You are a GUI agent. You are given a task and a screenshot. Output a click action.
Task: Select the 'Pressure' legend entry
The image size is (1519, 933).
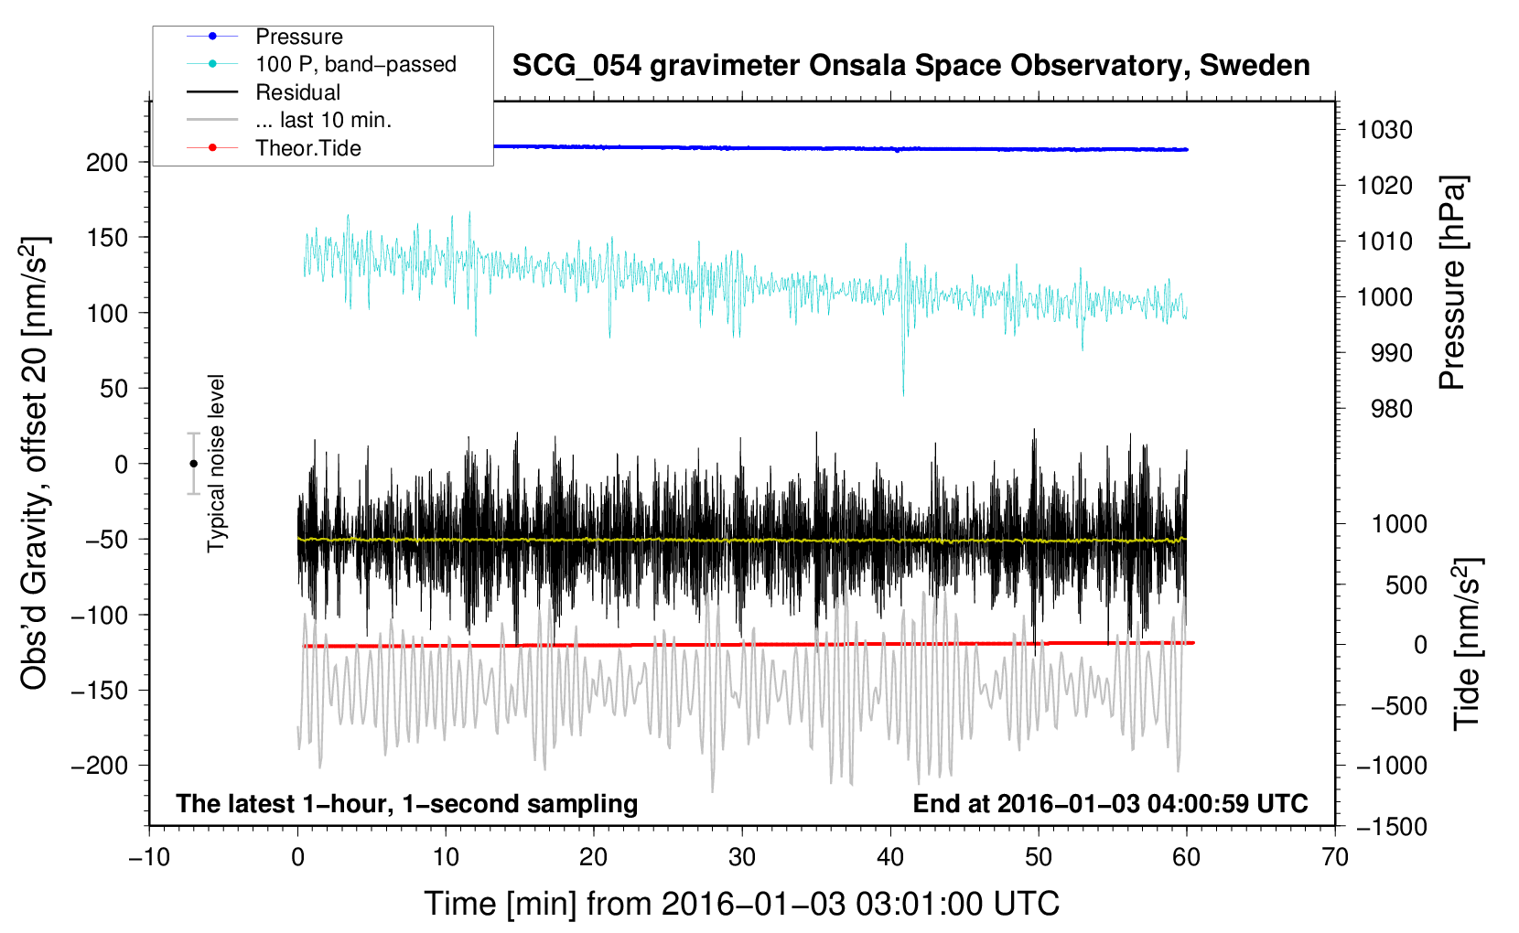pyautogui.click(x=298, y=37)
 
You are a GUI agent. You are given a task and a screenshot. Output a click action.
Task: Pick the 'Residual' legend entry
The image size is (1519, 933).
pyautogui.click(x=297, y=92)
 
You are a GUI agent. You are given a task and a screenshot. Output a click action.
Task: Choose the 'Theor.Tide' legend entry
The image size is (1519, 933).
pyautogui.click(x=307, y=148)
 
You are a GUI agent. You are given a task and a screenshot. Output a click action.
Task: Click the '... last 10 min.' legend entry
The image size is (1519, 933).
pyautogui.click(x=323, y=120)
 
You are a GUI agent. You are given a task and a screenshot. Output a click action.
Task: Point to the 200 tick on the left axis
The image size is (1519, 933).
pyautogui.click(x=107, y=163)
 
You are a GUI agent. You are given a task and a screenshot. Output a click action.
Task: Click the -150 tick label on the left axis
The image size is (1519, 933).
pyautogui.click(x=100, y=691)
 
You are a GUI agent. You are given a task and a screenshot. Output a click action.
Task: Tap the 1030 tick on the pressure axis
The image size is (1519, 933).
pyautogui.click(x=1384, y=130)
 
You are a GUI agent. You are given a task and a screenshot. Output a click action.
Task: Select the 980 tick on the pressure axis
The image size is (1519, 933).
pyautogui.click(x=1392, y=409)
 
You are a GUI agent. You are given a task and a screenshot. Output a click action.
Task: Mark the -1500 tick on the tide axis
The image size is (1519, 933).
pyautogui.click(x=1392, y=827)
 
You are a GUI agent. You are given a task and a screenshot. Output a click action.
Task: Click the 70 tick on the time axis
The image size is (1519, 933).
pyautogui.click(x=1334, y=857)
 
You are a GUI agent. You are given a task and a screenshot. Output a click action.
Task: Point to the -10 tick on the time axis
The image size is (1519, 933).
pyautogui.click(x=149, y=857)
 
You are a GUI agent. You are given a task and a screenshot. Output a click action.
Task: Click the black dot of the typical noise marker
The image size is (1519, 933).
pyautogui.click(x=193, y=464)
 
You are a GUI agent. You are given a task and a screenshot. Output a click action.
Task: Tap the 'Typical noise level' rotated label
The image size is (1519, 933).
pyautogui.click(x=215, y=464)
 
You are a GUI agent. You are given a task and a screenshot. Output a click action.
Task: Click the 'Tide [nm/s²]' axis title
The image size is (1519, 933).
pyautogui.click(x=1467, y=644)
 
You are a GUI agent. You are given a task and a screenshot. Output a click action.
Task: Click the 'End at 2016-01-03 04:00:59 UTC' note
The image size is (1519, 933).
pyautogui.click(x=1110, y=803)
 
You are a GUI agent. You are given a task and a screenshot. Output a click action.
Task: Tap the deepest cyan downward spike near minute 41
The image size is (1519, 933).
pyautogui.click(x=903, y=393)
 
